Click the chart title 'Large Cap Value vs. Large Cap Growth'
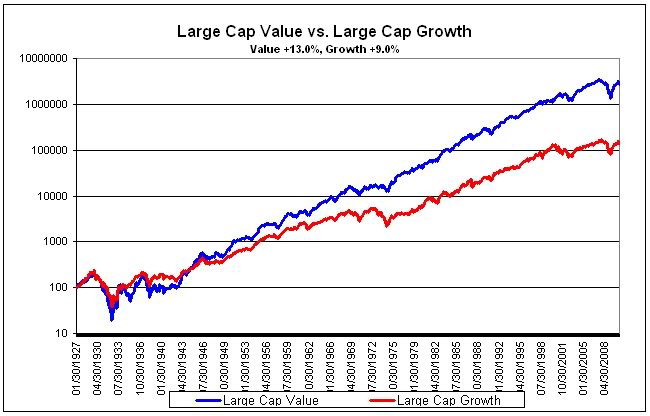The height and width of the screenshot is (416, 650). [324, 30]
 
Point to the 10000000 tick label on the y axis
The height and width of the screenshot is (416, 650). [40, 59]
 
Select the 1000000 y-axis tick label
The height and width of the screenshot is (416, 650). [43, 104]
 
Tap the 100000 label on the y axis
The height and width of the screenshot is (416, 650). [46, 150]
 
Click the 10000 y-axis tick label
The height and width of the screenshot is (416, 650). [49, 196]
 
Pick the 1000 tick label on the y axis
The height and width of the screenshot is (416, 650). [52, 242]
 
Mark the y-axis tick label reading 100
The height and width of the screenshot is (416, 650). [55, 288]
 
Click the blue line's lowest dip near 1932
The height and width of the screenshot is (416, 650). [112, 319]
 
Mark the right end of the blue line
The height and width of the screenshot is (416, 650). [620, 82]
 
